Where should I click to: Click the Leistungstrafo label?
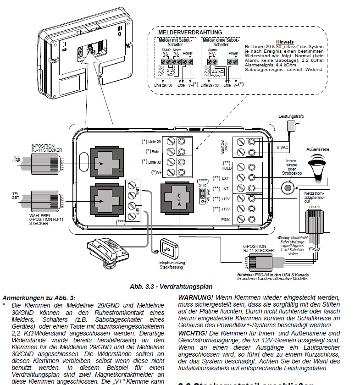[x=288, y=117]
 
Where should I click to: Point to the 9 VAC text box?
[x=283, y=147]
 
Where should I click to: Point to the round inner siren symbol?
[x=288, y=188]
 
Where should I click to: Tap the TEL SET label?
[x=16, y=196]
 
